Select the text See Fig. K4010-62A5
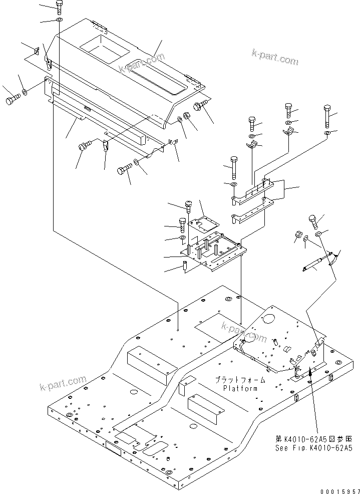(x=313, y=447)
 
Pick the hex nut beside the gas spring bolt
(x=297, y=235)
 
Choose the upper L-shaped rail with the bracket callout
(x=253, y=190)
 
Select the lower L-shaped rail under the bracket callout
(x=253, y=210)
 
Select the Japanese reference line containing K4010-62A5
(x=313, y=438)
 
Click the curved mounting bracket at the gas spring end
(x=332, y=258)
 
